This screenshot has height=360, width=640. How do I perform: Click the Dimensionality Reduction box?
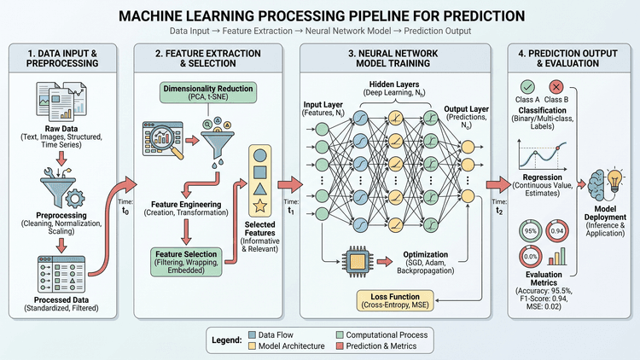coord(207,93)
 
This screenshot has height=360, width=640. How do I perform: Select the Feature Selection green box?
coord(186,262)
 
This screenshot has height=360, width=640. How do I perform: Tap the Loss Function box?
coord(395,301)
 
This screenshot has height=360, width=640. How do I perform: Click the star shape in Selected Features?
coord(260,206)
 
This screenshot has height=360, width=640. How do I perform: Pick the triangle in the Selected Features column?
coord(260,189)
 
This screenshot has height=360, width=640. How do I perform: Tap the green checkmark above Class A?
coord(527,87)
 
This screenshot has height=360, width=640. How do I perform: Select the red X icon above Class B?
coord(556,87)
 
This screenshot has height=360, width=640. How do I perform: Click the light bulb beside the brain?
coord(614,179)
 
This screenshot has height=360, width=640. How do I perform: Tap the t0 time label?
coord(125,211)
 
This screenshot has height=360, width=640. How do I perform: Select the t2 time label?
coord(499,211)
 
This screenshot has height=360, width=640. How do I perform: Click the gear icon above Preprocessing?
coord(75,200)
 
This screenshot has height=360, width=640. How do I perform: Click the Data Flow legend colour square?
coord(253,334)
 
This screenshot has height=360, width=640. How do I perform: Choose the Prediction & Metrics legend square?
coord(340,346)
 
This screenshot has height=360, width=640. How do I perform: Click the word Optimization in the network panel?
coord(425,254)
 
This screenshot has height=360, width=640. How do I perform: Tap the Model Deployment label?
coord(605,212)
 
